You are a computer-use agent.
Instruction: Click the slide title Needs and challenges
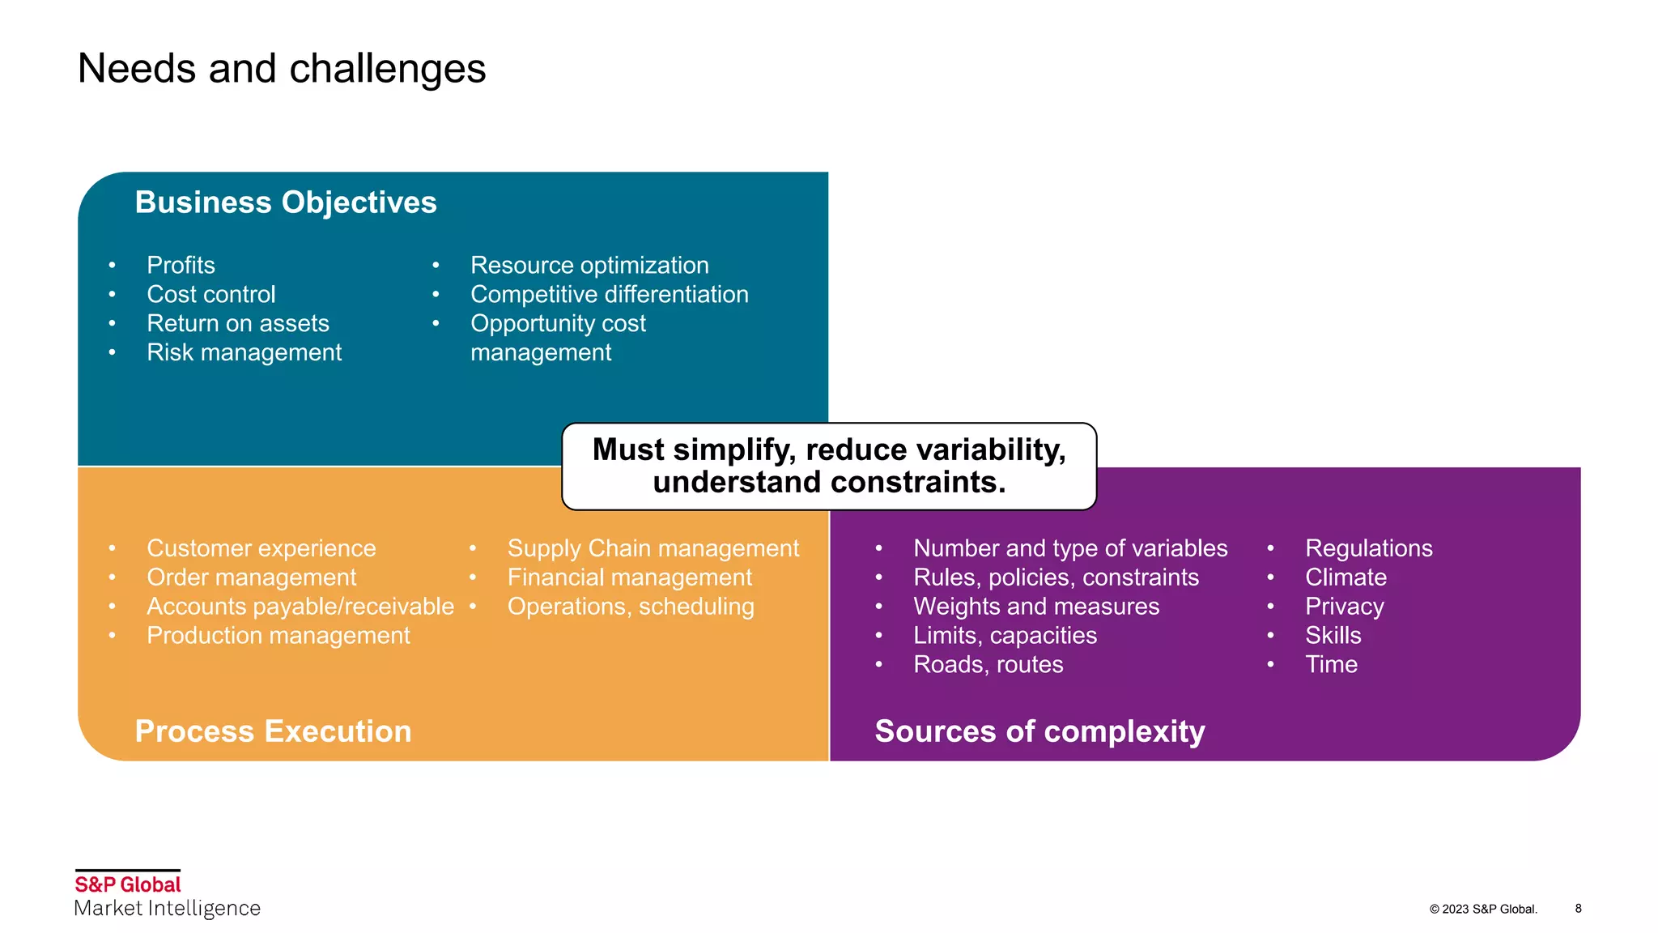tap(281, 69)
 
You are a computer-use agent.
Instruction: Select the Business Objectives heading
tap(285, 202)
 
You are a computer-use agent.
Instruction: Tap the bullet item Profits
tap(181, 266)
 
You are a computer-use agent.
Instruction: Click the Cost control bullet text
tap(210, 295)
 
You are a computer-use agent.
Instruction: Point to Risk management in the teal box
tap(244, 353)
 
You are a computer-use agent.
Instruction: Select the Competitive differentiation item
tap(609, 295)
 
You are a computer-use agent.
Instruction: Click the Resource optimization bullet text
tap(589, 266)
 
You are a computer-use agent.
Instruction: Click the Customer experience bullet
tap(261, 548)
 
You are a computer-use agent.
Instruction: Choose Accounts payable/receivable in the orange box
tap(300, 607)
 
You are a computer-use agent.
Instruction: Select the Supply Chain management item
tap(653, 548)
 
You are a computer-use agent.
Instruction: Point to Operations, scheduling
tap(630, 607)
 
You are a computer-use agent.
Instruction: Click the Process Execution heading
tap(273, 731)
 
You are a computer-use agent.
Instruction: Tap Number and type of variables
tap(1069, 548)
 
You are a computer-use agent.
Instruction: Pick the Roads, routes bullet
tap(988, 665)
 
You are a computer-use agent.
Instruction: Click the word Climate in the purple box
tap(1345, 577)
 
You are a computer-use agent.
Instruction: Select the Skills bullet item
tap(1333, 636)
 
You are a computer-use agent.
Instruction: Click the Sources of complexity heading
tap(1039, 731)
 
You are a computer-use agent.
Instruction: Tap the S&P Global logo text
tap(128, 884)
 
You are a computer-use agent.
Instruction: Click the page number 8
tap(1578, 909)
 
